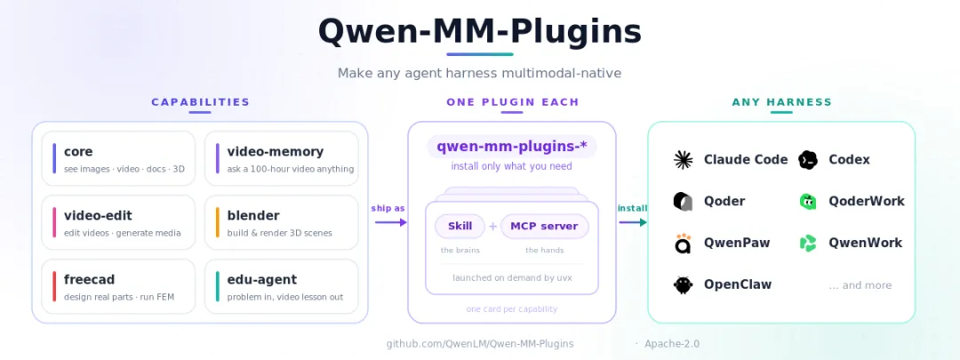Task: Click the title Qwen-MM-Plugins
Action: coord(479,32)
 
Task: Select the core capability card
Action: coord(118,158)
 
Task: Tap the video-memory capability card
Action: coord(282,158)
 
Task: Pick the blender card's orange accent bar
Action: coord(218,222)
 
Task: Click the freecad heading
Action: coord(90,280)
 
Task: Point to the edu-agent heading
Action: coord(262,280)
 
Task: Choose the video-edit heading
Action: coord(98,215)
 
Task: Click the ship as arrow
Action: coord(390,222)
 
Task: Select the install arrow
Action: coord(633,222)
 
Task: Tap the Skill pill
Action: coord(460,226)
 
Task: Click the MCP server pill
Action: coord(544,226)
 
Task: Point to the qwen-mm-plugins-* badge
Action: coord(512,147)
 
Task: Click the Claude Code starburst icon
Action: coord(684,160)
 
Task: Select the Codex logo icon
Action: coord(808,160)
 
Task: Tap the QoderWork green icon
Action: coord(808,202)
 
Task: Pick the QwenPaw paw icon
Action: coord(684,243)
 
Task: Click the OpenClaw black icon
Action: coord(684,284)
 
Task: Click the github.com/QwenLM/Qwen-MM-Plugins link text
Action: coord(480,344)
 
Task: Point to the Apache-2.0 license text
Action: coord(672,344)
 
